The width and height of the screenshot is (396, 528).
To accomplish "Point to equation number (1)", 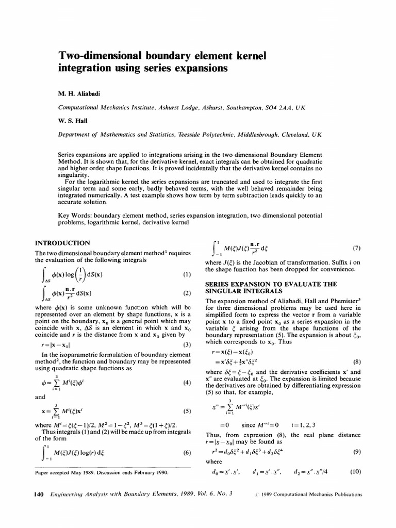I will (187, 274).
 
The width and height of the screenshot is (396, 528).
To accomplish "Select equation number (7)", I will (356, 248).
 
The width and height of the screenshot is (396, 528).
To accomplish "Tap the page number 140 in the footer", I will (38, 494).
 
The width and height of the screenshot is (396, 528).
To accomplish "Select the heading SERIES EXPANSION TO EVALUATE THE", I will (271, 284).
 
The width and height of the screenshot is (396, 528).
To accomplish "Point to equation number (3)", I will (187, 344).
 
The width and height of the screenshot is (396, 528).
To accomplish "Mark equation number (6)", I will (187, 453).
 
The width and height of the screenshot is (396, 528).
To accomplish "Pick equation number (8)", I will (356, 361).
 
